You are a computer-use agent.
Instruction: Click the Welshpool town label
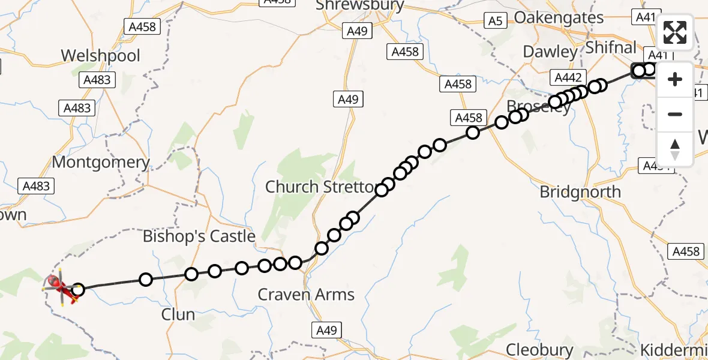coord(101,56)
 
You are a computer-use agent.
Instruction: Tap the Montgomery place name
coord(101,162)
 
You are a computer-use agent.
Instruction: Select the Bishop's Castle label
coord(199,236)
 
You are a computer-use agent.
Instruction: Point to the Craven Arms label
coord(306,295)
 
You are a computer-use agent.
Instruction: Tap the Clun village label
coord(178,314)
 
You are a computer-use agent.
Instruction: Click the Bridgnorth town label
coord(580,192)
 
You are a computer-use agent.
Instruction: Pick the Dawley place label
coord(550,52)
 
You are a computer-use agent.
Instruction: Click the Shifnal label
coord(611,47)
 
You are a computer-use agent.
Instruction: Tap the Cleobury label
coord(539,349)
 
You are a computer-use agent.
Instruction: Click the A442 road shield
coord(568,77)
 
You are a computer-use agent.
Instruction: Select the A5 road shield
coord(494,22)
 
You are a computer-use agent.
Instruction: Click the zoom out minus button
coord(675,114)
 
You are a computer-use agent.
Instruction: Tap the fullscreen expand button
coord(675,32)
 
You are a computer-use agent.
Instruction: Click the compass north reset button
coord(675,149)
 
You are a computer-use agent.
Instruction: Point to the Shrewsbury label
coord(359,5)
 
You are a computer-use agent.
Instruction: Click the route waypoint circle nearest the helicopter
coord(77,291)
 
